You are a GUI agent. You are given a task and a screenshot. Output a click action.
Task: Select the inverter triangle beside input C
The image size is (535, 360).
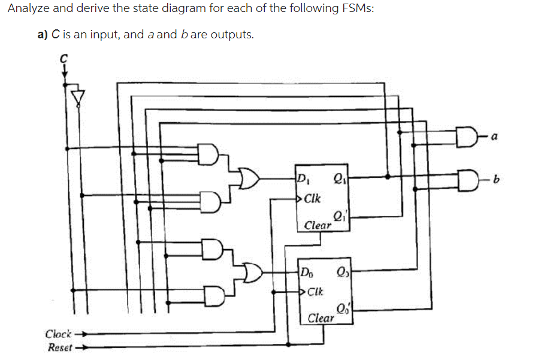coord(77,96)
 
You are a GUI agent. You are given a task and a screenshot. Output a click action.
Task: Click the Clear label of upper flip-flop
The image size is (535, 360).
coord(318,226)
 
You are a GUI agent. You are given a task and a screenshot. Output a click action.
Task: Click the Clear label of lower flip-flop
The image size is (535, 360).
coord(321,318)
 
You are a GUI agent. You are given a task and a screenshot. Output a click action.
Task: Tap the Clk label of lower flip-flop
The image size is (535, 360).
coord(315,292)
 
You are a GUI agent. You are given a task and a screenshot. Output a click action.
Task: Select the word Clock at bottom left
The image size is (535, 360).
coord(59,333)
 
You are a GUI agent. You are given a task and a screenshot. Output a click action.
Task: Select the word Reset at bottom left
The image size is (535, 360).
coord(59,347)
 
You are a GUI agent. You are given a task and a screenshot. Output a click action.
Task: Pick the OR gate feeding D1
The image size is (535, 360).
coord(247,178)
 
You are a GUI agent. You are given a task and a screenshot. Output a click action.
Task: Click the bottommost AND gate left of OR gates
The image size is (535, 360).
coord(214,295)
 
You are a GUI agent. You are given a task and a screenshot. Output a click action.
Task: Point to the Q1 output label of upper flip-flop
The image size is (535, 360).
coord(338,177)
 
